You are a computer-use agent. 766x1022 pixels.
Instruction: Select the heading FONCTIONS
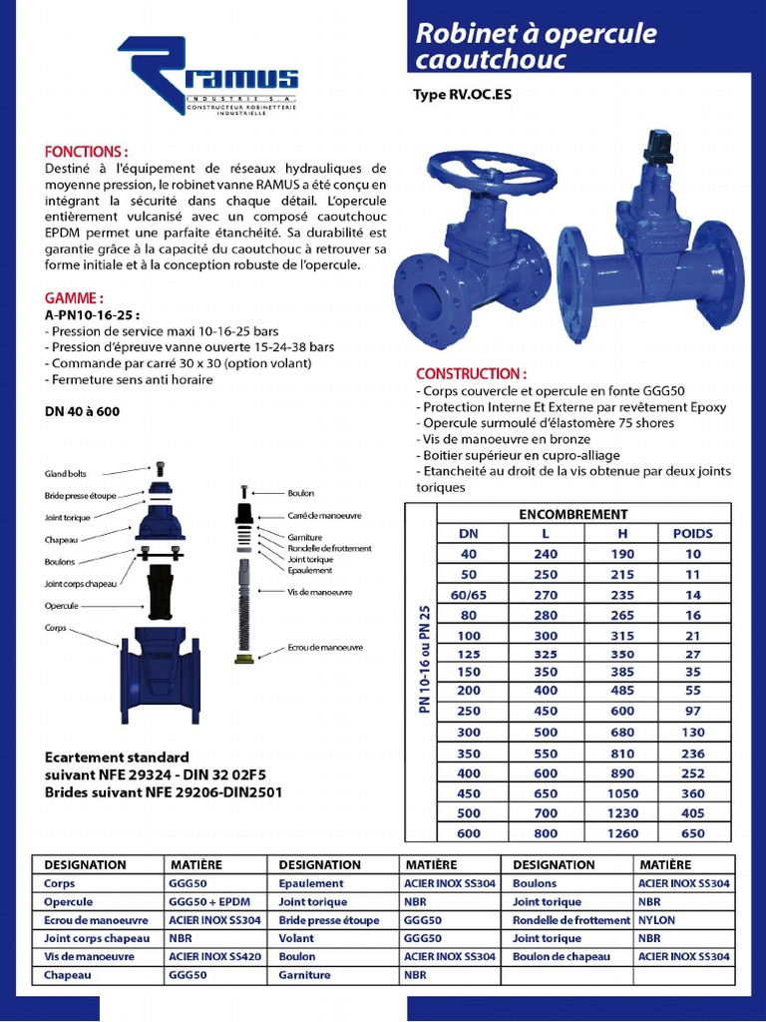tap(87, 151)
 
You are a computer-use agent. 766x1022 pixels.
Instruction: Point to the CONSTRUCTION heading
tap(471, 373)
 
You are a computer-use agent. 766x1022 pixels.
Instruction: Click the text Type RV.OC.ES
tap(463, 97)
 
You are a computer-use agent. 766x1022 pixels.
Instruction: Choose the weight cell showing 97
tap(692, 711)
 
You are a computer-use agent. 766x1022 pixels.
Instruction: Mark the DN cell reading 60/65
tap(469, 595)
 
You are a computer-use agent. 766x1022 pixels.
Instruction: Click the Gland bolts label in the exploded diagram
tap(66, 473)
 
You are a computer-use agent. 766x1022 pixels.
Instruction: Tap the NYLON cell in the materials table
tap(657, 920)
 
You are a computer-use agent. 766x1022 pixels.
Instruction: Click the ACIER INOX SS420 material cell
tap(214, 956)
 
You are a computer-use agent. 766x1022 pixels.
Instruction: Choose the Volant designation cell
tap(296, 938)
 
